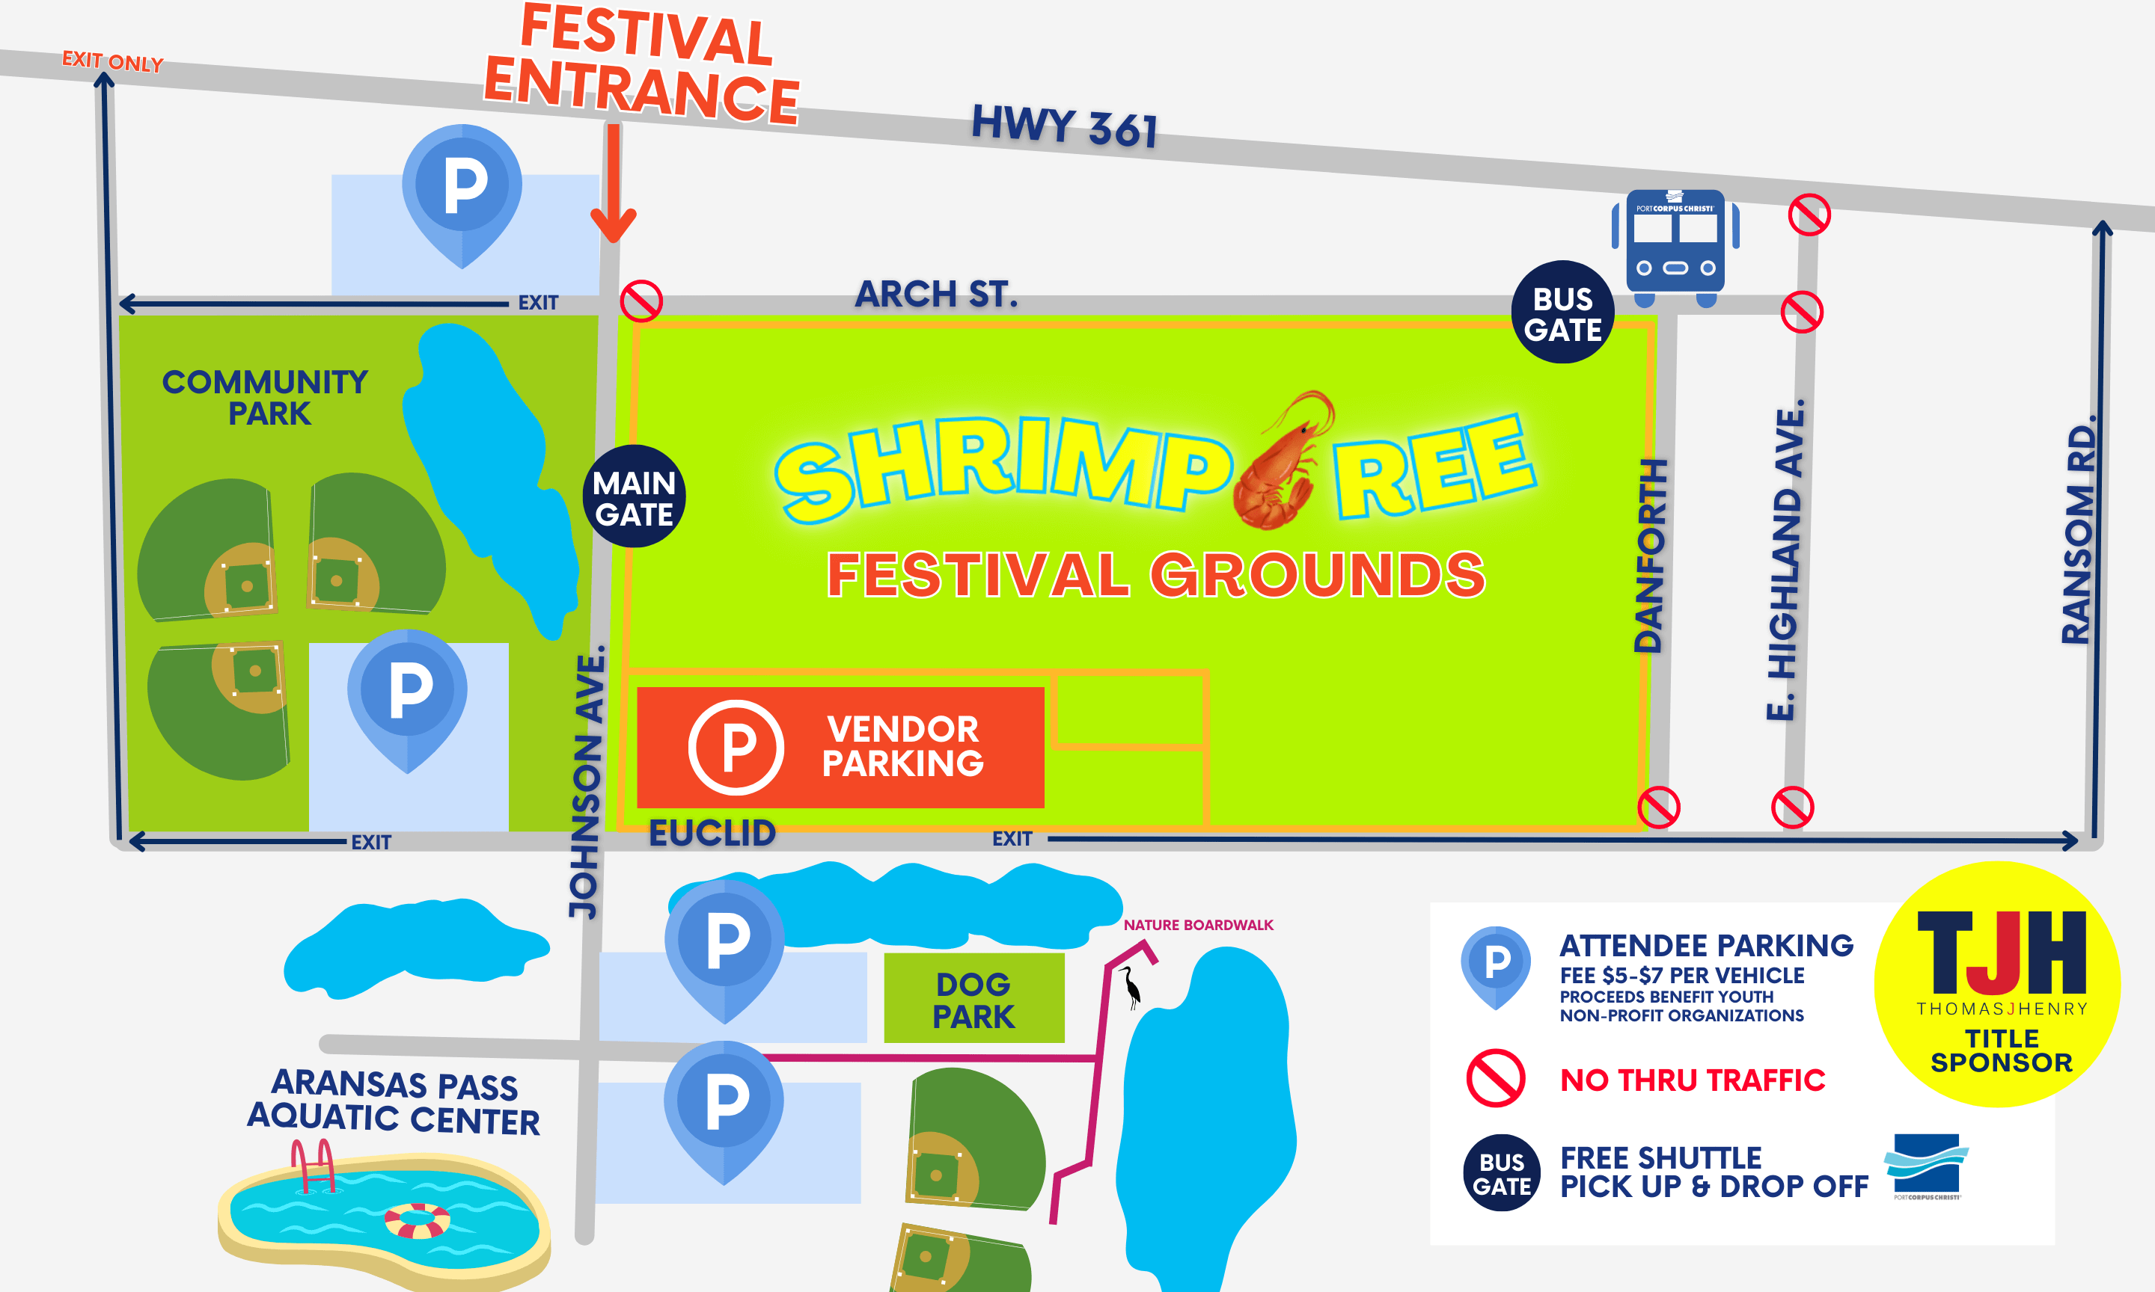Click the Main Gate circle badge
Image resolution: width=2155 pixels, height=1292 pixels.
pyautogui.click(x=634, y=497)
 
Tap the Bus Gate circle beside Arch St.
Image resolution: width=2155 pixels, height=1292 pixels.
pyautogui.click(x=1562, y=313)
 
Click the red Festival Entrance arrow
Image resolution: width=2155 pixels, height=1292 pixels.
pyautogui.click(x=614, y=184)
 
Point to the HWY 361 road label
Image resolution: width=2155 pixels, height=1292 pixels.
pyautogui.click(x=1065, y=126)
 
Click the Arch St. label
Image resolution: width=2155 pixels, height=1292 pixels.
pyautogui.click(x=935, y=295)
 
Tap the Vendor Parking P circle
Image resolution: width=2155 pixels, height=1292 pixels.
pyautogui.click(x=736, y=747)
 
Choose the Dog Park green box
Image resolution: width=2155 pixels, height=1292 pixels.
pyautogui.click(x=973, y=999)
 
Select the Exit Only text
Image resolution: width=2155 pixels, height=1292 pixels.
pyautogui.click(x=112, y=61)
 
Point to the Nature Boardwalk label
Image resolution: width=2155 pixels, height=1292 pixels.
pyautogui.click(x=1198, y=925)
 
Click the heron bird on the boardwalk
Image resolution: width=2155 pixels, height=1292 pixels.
pyautogui.click(x=1131, y=987)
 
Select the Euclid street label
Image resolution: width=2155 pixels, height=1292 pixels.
pyautogui.click(x=712, y=833)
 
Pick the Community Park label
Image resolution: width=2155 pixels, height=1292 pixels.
pyautogui.click(x=266, y=397)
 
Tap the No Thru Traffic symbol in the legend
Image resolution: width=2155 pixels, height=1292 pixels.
pyautogui.click(x=1496, y=1078)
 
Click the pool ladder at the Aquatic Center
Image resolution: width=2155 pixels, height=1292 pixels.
pyautogui.click(x=313, y=1165)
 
